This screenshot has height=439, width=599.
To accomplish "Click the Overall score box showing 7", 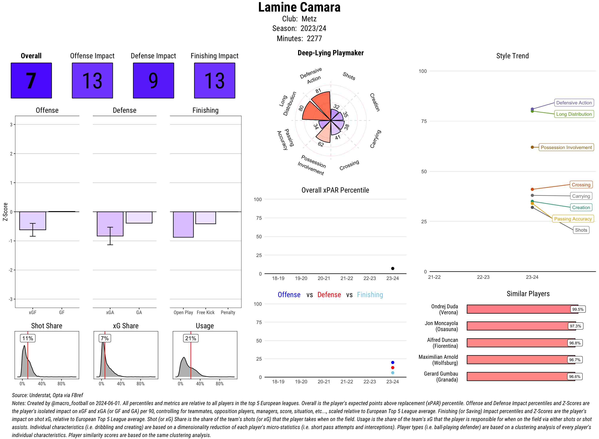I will pos(31,81).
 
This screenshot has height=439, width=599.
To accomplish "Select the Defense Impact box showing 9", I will pos(153,81).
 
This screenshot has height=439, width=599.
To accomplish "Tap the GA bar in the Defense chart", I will pos(139,217).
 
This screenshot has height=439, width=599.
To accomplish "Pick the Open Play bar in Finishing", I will pos(183,224).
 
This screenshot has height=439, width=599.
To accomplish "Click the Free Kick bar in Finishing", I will pos(205,218).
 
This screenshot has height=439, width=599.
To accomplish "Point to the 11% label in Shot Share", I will pos(28,338).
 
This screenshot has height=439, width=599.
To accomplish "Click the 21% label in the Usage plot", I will pos(191,338).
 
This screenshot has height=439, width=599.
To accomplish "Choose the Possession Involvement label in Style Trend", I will pos(566,147).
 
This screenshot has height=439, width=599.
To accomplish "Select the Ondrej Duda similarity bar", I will pos(519,309).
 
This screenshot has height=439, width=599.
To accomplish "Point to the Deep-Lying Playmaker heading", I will pos(330,53).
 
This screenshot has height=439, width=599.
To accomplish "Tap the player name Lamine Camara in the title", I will pos(299,7).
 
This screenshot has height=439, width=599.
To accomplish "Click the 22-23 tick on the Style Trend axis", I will pos(483,277).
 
